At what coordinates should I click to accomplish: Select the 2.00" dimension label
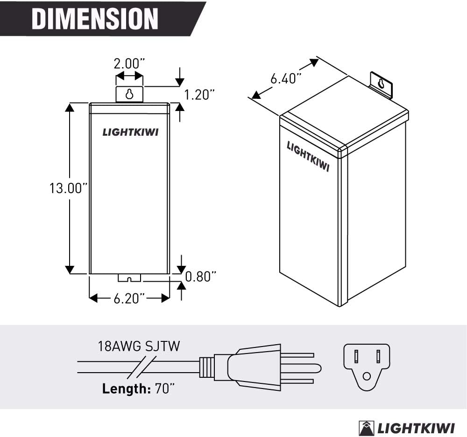tap(129, 63)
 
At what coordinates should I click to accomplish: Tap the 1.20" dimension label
tap(199, 95)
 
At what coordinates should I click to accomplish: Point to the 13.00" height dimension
tap(69, 188)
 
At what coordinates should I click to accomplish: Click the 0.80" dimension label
tap(201, 277)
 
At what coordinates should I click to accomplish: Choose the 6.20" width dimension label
tap(129, 298)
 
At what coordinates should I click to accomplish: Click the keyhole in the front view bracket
tap(129, 94)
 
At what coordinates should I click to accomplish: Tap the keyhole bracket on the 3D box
tap(382, 84)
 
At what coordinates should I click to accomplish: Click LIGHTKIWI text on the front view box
tap(130, 132)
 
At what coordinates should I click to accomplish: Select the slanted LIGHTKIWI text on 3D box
tap(308, 156)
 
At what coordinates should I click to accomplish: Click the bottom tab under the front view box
tap(129, 278)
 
